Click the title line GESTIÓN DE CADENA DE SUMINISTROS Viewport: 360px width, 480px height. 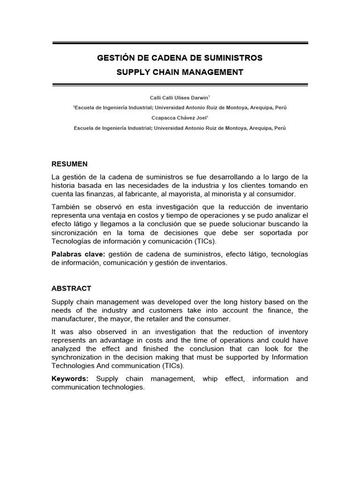pyautogui.click(x=180, y=58)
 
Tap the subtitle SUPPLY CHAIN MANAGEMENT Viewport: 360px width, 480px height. pyautogui.click(x=180, y=72)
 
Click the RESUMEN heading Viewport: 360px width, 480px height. pyautogui.click(x=69, y=164)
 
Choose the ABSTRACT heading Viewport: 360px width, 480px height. pyautogui.click(x=71, y=288)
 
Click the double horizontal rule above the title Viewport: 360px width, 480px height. pyautogui.click(x=180, y=43)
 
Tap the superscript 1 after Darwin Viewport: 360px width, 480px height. pyautogui.click(x=209, y=96)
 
